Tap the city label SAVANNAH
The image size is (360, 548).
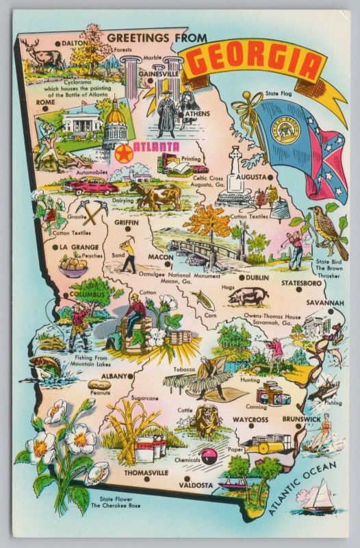point(324,303)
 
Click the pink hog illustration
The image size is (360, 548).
point(248,296)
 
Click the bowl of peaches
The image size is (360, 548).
point(74,262)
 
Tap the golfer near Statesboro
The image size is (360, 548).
point(296,247)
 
